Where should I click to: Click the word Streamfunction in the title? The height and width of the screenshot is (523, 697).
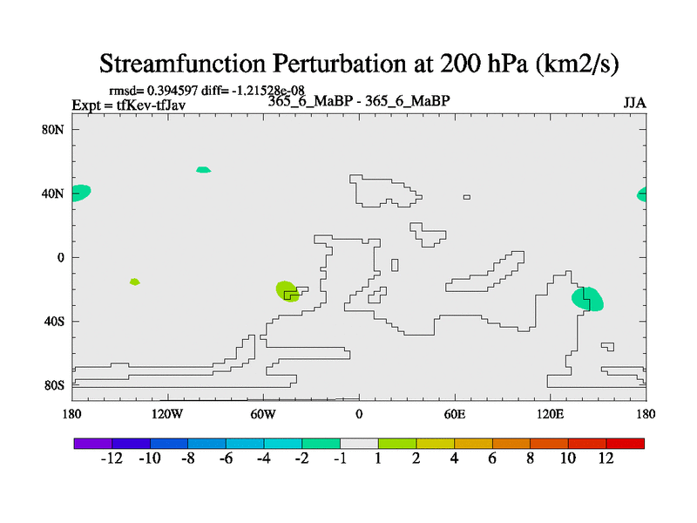coord(183,64)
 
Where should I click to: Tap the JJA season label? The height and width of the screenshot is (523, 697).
coord(634,103)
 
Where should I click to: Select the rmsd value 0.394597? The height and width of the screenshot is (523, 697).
coord(172,91)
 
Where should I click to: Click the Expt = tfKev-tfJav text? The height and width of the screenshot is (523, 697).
coord(129,105)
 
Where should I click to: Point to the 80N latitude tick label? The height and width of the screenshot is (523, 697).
coord(53,129)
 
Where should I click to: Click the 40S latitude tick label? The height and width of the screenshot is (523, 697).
coord(54,321)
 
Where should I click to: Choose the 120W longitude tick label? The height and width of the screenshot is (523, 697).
coord(167,415)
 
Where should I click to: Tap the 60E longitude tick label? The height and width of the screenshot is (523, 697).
coord(455,415)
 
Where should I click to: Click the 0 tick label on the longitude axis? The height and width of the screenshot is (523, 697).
coord(359,415)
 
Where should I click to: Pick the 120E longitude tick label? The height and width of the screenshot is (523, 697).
coord(551,415)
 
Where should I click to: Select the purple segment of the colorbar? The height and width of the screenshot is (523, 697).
coord(93,444)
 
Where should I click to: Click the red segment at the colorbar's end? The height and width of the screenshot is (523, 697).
coord(625,444)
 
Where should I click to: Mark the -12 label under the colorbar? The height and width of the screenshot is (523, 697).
coord(112,458)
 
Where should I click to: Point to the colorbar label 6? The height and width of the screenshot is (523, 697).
coord(492,458)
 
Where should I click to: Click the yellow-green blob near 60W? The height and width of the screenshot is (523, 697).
coord(287,291)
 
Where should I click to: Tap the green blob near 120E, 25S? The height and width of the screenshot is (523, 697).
coord(587,299)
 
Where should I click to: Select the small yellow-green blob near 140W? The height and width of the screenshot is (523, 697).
coord(135,282)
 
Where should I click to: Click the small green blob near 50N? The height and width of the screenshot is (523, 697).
coord(204,169)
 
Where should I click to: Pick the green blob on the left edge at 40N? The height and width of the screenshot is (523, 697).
coord(81,193)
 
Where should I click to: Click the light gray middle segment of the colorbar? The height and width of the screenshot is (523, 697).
coord(359,444)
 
